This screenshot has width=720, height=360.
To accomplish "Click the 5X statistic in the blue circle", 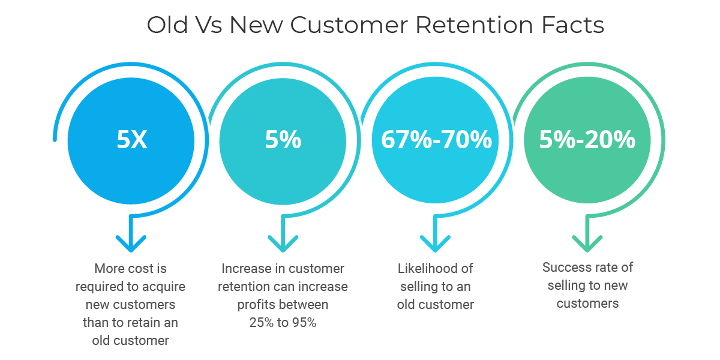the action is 132,140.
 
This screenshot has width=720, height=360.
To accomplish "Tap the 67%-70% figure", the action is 436,140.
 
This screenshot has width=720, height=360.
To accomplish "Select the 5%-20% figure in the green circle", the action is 587,140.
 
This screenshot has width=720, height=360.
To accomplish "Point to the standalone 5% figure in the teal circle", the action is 283,140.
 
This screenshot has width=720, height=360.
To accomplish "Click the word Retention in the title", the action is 475,25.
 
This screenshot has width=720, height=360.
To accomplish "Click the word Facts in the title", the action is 573,25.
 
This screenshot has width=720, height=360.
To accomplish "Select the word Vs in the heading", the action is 209,25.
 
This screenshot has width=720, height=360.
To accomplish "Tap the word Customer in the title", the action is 349,25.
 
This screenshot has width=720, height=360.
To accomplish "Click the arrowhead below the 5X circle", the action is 131,244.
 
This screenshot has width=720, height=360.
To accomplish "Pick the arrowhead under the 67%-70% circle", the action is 435,244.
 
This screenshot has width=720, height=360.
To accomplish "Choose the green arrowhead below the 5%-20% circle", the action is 587,244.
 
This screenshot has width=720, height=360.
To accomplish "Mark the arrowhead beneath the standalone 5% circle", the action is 283,244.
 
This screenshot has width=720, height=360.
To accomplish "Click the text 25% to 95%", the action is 283,323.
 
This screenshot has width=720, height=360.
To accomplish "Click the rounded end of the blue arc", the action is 55,139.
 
